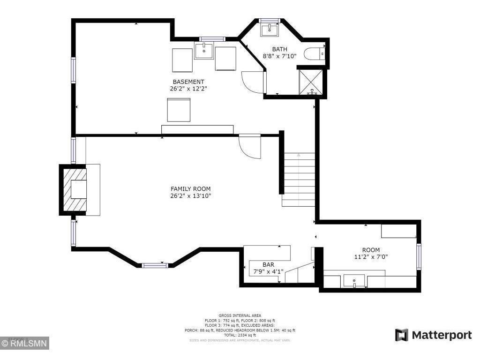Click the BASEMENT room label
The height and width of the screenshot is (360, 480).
[x=188, y=82]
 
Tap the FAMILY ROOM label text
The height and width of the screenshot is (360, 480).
[x=190, y=189]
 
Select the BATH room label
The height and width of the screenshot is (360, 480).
[x=279, y=49]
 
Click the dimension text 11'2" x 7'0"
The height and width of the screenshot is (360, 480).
[x=371, y=256]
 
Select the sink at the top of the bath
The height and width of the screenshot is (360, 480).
[x=270, y=30]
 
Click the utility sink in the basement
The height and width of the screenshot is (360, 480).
[x=204, y=51]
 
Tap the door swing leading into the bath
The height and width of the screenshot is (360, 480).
[x=254, y=82]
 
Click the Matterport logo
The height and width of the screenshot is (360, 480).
[x=433, y=335]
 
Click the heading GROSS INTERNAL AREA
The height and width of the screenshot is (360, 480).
[x=240, y=315]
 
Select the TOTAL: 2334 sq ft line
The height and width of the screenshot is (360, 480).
[x=240, y=335]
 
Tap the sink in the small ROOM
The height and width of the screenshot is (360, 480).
[x=354, y=281]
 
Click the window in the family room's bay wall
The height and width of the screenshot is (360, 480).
[x=155, y=265]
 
